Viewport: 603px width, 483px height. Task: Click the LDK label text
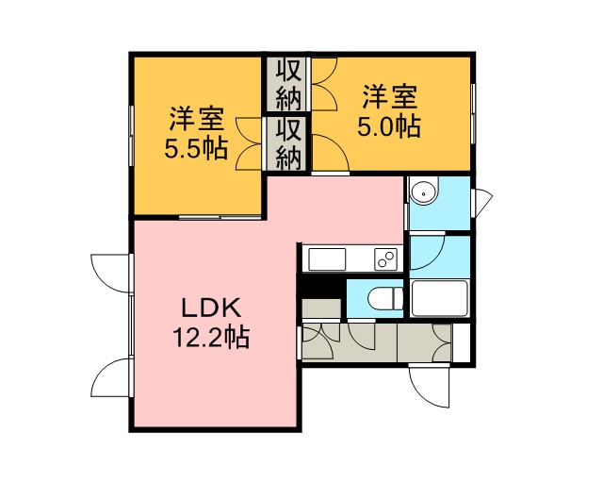pyautogui.click(x=211, y=308)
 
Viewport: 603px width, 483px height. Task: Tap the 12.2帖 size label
pyautogui.click(x=211, y=338)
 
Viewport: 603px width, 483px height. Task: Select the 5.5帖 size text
pyautogui.click(x=196, y=149)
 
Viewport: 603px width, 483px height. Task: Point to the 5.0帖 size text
pyautogui.click(x=389, y=126)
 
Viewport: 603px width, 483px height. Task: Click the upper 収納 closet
pyautogui.click(x=289, y=84)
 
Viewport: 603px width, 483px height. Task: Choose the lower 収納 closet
pyautogui.click(x=289, y=143)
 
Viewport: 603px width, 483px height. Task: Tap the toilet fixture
pyautogui.click(x=385, y=298)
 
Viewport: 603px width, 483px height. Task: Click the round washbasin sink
pyautogui.click(x=424, y=192)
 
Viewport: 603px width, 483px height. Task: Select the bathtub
pyautogui.click(x=439, y=298)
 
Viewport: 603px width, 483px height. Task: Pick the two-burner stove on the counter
pyautogui.click(x=385, y=258)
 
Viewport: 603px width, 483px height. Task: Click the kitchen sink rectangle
pyautogui.click(x=327, y=259)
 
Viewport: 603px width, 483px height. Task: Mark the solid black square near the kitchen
pyautogui.click(x=323, y=286)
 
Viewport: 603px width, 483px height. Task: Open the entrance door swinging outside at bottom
pyautogui.click(x=430, y=386)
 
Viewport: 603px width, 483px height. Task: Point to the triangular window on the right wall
pyautogui.click(x=483, y=202)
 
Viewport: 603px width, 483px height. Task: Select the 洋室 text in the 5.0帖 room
pyautogui.click(x=389, y=97)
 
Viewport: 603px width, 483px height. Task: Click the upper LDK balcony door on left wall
pyautogui.click(x=110, y=273)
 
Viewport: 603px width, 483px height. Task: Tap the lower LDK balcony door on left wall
pyautogui.click(x=111, y=377)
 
